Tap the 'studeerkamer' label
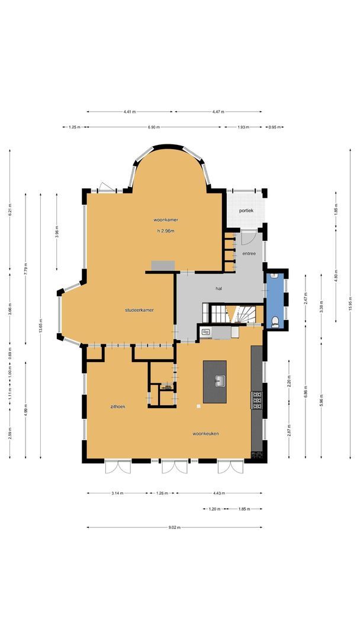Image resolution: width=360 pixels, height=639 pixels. pos(140,309)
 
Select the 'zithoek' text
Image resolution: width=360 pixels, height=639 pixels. pos(117,406)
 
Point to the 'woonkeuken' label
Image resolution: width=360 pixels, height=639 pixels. pos(205,434)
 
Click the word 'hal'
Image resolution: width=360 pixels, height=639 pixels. pos(218,289)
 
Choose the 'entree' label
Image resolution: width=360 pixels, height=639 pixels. pos(249,253)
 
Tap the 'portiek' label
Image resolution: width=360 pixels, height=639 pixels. pos(246,211)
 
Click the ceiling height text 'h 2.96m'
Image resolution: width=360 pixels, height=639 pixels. pos(165,231)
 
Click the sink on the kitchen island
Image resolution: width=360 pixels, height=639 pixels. pos(218,380)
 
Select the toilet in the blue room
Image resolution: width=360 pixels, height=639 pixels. pos(276,322)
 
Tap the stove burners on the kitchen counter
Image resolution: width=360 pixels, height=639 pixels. pos(257,401)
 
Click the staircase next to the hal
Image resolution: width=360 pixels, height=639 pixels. pos(233,314)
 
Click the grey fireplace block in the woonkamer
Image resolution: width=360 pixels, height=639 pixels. pos(163,266)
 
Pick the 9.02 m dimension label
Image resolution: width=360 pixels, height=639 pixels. pos(175,527)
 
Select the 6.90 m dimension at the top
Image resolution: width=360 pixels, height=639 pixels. pos(152,127)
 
